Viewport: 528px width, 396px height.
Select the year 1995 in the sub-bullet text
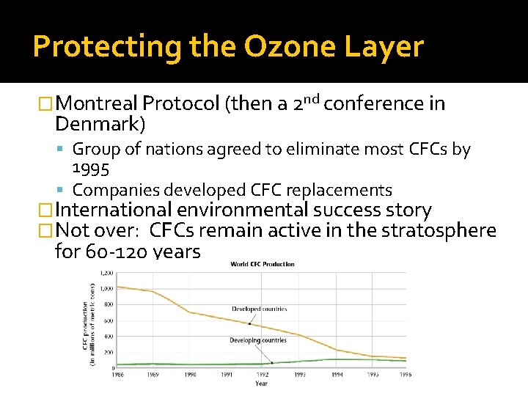coord(90,169)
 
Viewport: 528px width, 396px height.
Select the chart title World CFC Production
coord(263,264)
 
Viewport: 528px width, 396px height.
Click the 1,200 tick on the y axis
coord(107,273)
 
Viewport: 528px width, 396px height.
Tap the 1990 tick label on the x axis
coord(191,374)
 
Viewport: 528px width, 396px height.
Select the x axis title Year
coord(262,383)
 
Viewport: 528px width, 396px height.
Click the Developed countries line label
coord(260,309)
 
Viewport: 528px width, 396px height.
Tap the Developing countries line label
coord(258,340)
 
